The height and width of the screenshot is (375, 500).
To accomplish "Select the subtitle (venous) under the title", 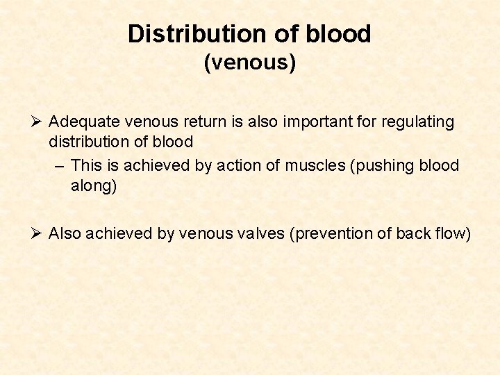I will tap(250, 63).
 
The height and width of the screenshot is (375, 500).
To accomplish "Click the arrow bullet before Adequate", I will tap(37, 122).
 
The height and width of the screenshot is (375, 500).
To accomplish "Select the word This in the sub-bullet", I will tap(86, 165).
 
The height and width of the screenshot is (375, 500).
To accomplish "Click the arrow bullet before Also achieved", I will tap(37, 233).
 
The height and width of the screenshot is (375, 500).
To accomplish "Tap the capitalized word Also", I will tap(65, 234).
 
